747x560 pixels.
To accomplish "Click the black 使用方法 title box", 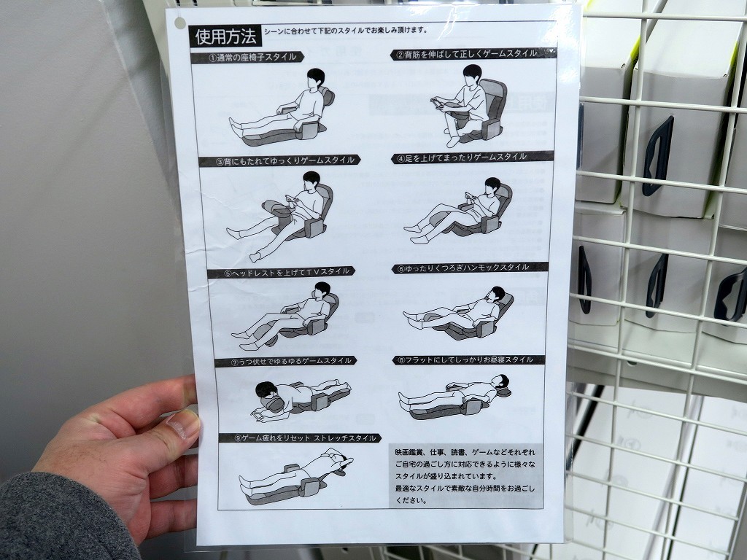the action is pyautogui.click(x=225, y=36).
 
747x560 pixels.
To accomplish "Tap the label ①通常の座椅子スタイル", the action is pyautogui.click(x=247, y=58).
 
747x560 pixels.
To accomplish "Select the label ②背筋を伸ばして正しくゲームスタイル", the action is pyautogui.click(x=473, y=54).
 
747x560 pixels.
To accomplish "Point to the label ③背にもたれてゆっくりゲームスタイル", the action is pyautogui.click(x=279, y=160).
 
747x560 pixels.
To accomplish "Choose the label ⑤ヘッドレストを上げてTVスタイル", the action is pyautogui.click(x=281, y=273).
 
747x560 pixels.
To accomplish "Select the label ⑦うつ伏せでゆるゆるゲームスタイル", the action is pyautogui.click(x=286, y=362).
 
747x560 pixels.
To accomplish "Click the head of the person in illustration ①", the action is pyautogui.click(x=316, y=77).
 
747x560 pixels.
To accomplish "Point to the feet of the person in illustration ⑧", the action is pyautogui.click(x=404, y=402).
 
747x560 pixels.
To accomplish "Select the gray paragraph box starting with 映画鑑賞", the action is pyautogui.click(x=465, y=475).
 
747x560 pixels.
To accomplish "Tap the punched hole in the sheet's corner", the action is pyautogui.click(x=179, y=23).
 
